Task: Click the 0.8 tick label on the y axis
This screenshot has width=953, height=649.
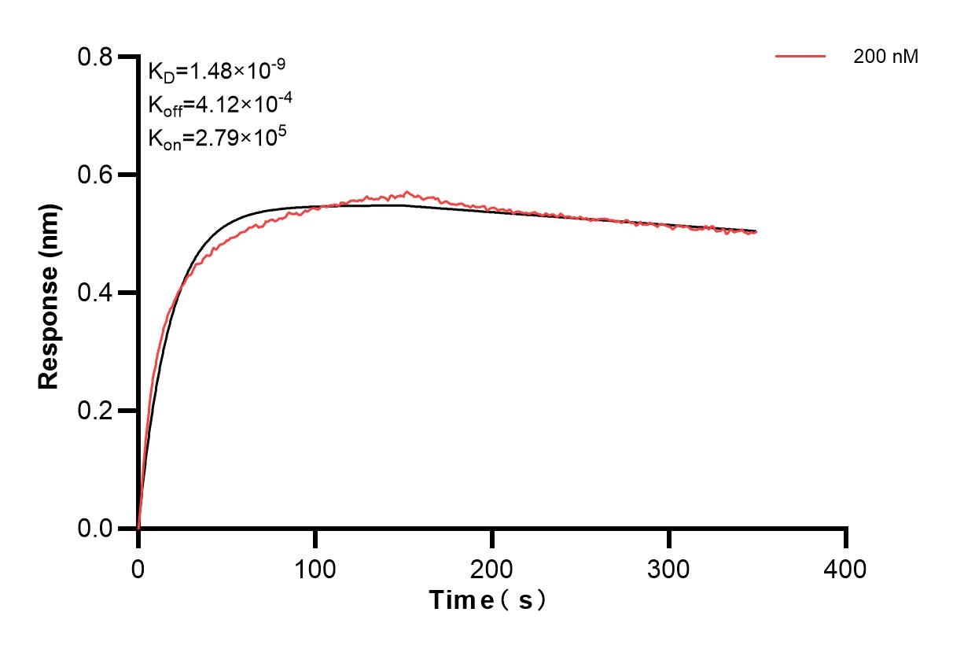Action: (x=95, y=57)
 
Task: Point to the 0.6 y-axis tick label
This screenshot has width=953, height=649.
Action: (x=95, y=175)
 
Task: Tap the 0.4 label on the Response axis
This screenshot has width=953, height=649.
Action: (x=95, y=293)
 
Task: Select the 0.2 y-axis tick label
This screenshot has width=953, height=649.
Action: (x=95, y=411)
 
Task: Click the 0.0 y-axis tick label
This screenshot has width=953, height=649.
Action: (x=95, y=529)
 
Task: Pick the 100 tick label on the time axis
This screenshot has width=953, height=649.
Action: (x=315, y=567)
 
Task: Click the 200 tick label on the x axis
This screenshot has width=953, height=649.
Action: (x=492, y=567)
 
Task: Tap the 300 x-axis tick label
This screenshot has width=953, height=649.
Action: (x=669, y=567)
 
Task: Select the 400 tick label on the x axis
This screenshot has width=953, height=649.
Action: (x=846, y=567)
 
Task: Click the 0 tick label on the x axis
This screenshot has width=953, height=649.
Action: (x=138, y=567)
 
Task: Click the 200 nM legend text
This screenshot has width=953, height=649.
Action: (x=885, y=57)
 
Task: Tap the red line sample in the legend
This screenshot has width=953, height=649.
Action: (x=800, y=57)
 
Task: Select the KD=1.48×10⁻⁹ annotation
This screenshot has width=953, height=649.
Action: (x=217, y=71)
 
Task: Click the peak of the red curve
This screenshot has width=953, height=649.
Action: (x=407, y=192)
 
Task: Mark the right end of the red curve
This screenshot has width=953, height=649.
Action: (x=756, y=232)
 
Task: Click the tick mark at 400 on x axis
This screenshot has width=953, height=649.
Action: (x=846, y=538)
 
